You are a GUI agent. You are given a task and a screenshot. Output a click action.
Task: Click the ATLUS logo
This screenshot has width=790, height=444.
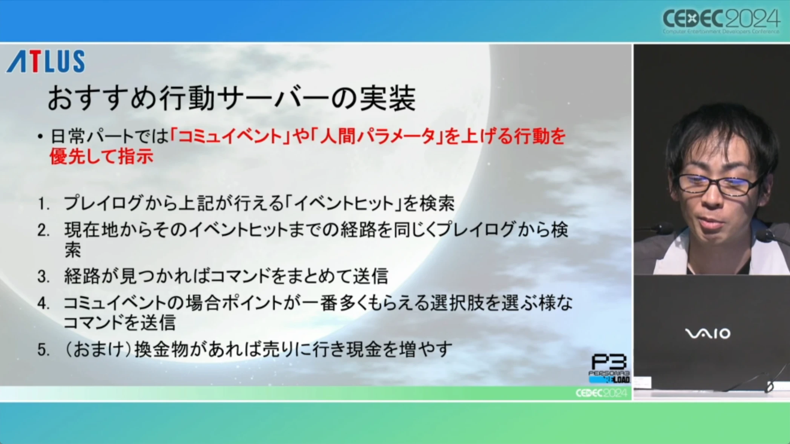46,61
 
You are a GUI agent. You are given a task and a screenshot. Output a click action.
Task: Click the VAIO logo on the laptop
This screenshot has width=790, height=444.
707,334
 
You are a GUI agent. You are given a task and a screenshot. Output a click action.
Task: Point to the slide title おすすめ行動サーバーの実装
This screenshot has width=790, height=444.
232,98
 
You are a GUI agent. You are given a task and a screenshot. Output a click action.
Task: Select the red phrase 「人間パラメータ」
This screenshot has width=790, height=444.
377,136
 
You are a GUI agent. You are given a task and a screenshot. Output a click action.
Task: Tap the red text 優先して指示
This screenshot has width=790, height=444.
101,156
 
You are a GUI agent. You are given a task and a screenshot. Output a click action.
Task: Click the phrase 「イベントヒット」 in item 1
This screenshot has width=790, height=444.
343,204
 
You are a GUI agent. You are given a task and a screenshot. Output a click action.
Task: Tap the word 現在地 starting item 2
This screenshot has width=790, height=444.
91,230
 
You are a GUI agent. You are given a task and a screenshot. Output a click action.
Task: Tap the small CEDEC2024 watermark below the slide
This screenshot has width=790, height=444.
601,393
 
